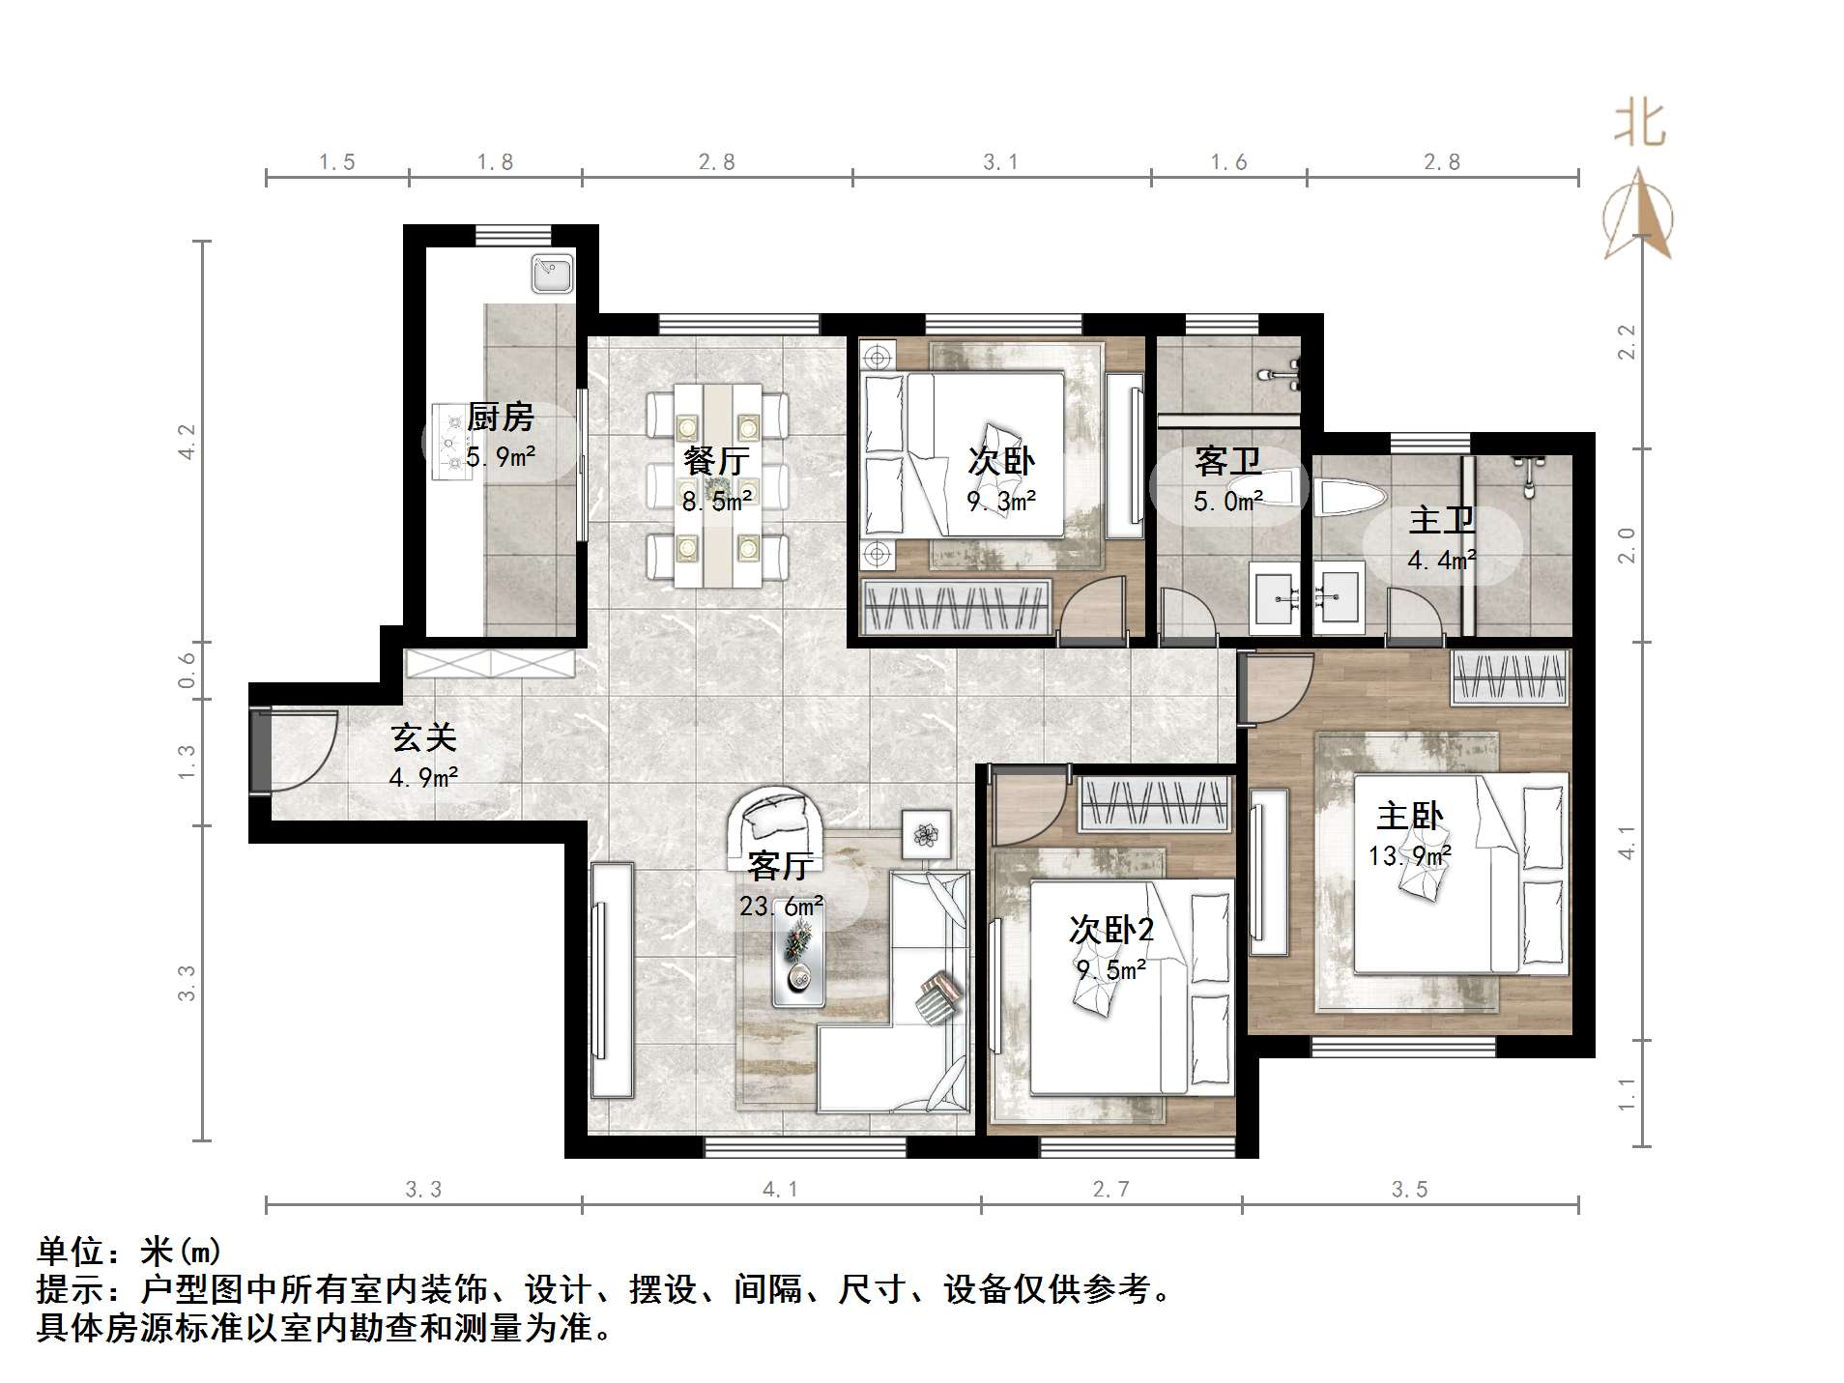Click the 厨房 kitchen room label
tap(500, 418)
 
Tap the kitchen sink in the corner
tap(553, 273)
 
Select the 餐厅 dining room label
tap(716, 460)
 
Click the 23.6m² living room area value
tap(781, 907)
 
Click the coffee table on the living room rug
tap(798, 963)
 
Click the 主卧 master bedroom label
tap(1410, 816)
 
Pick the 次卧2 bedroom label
tap(1110, 930)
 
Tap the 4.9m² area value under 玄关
tap(423, 777)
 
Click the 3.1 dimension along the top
tap(1000, 162)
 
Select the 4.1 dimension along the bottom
tap(780, 1189)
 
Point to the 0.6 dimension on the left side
tap(187, 669)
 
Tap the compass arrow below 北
tap(1638, 217)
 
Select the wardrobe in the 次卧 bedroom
tap(955, 607)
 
